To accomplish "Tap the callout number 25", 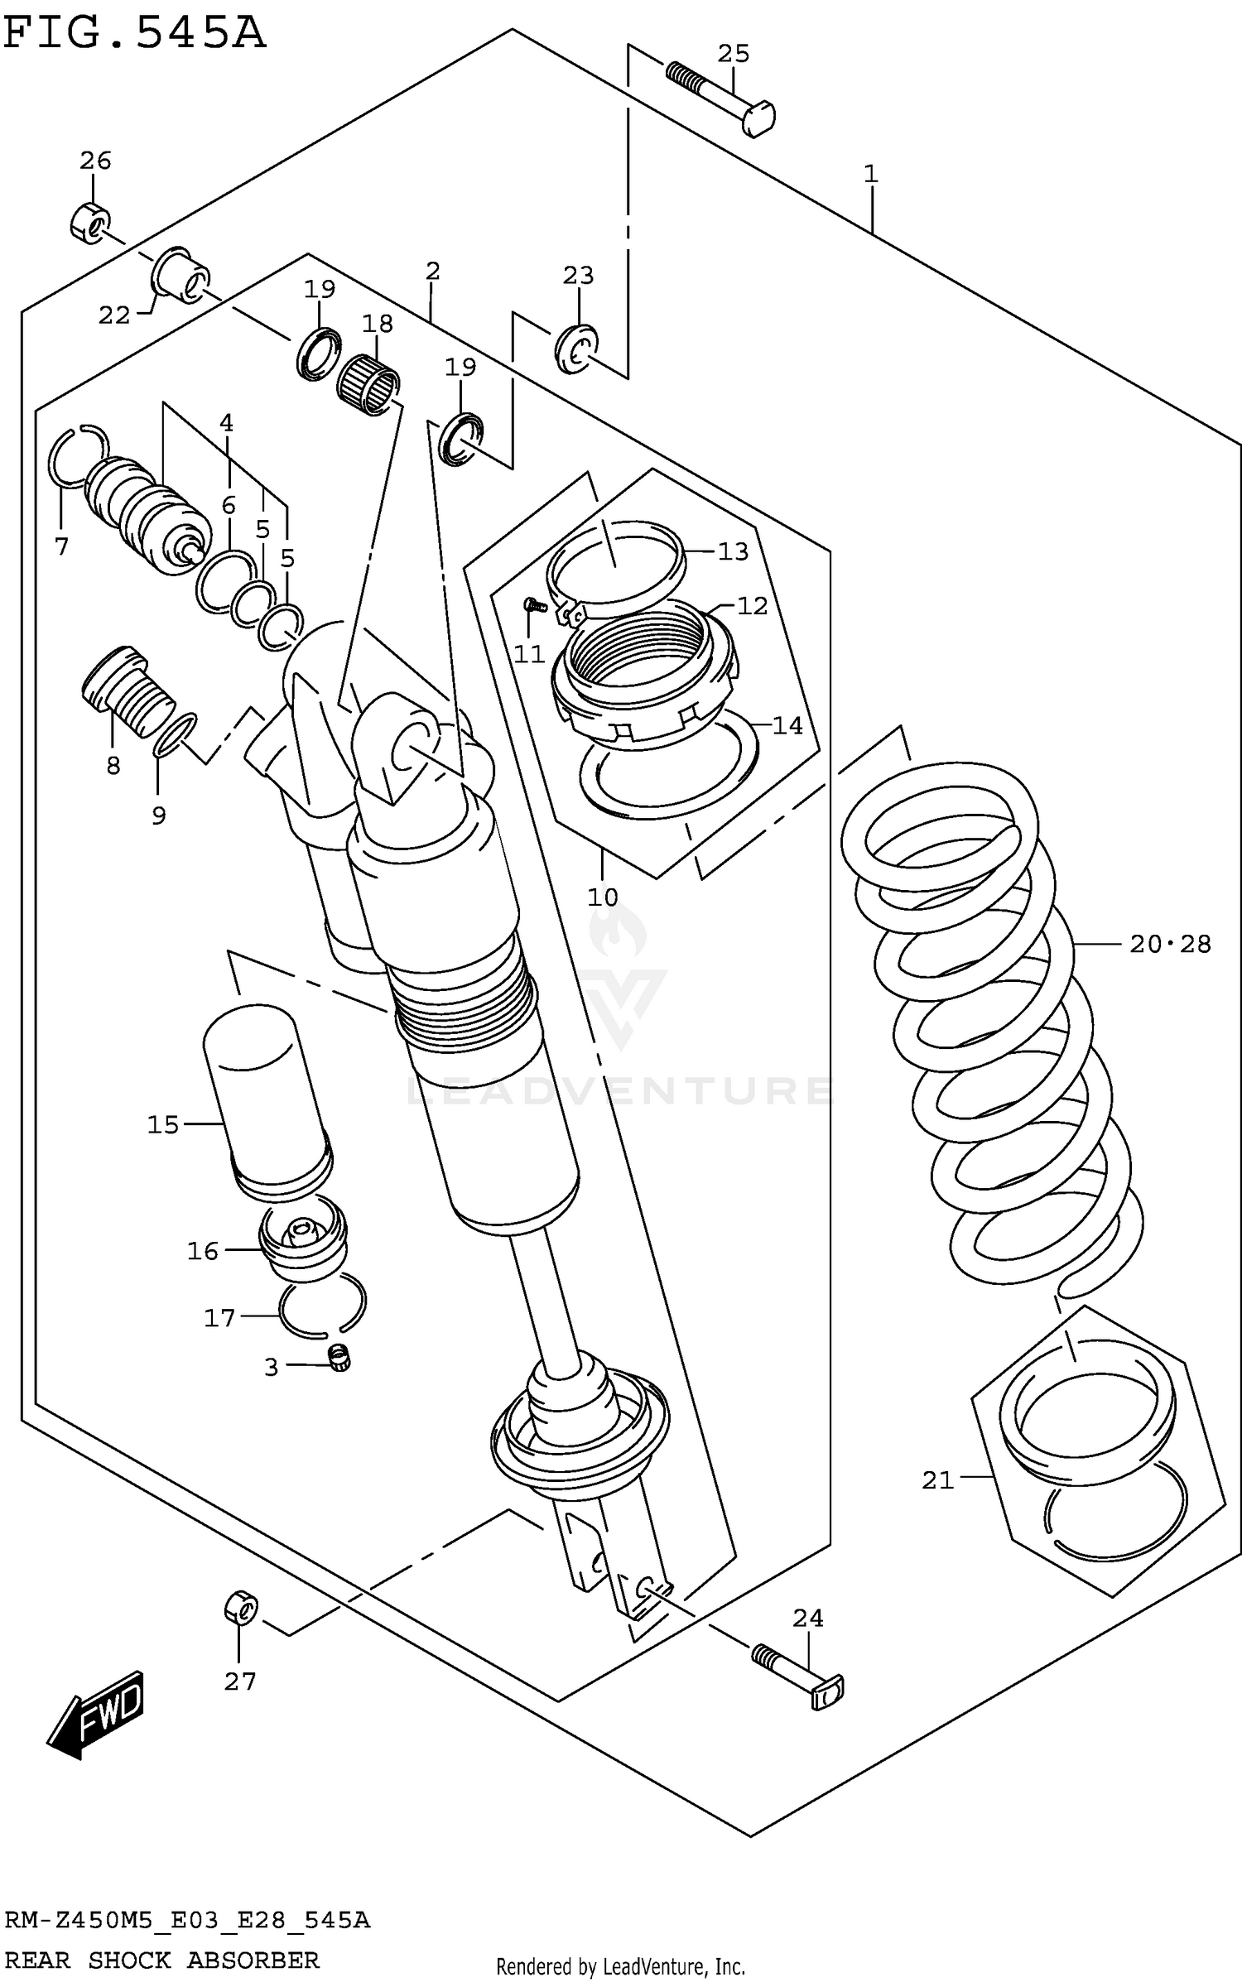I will coord(733,54).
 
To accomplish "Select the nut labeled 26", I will coord(88,222).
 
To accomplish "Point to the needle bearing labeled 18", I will coord(368,384).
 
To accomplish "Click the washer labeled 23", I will coord(577,349).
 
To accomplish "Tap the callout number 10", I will coord(603,897).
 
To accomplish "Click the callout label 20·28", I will coord(1170,944).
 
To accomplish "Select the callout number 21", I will coord(937,1479).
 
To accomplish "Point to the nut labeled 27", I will coord(240,1609).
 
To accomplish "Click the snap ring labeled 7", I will coord(76,457).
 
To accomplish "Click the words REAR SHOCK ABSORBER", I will coord(161,1960).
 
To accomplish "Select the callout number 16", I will coord(203,1251).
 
